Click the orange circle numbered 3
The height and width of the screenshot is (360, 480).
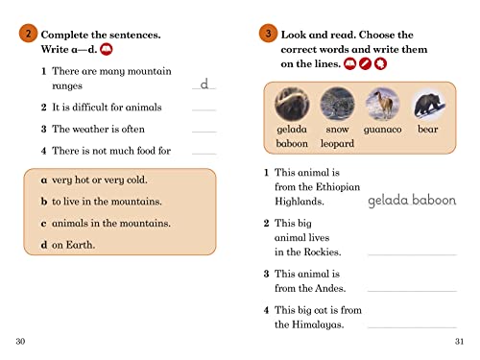268,35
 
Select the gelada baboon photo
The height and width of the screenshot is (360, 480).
289,103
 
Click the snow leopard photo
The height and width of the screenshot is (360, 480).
336,103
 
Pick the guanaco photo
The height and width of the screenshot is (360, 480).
382,103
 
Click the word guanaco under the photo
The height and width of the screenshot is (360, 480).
383,129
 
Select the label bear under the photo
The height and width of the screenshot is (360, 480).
428,129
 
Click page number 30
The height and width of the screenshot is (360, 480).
22,343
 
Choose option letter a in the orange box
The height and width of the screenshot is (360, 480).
44,180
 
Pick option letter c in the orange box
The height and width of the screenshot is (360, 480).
44,223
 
